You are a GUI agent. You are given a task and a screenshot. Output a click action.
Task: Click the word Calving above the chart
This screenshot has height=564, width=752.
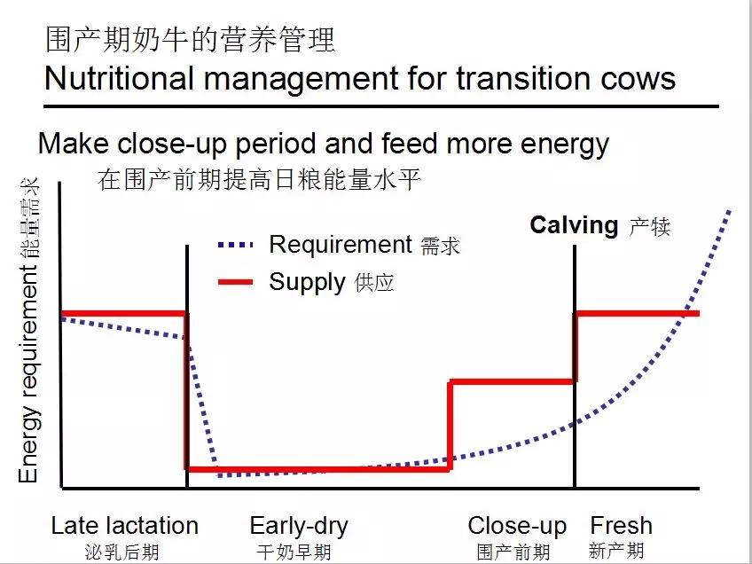[574, 225]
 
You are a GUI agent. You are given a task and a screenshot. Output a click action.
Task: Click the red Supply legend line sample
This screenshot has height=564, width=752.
[235, 283]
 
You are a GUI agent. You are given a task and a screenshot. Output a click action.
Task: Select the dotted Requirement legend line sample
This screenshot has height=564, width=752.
[235, 245]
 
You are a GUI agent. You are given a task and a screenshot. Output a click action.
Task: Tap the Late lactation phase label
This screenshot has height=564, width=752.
[125, 526]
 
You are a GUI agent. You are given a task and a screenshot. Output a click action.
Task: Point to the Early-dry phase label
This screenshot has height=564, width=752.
[299, 526]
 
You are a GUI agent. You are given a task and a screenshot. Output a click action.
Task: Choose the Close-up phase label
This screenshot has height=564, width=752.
[517, 526]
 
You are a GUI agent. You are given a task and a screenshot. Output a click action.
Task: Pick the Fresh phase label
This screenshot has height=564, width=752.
[621, 526]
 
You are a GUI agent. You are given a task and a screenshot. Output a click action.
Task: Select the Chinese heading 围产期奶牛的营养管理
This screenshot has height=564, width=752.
[190, 40]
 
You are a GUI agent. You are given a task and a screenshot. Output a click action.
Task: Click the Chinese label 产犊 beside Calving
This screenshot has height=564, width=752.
[650, 226]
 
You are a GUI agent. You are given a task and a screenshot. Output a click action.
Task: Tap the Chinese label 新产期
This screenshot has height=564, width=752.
[616, 551]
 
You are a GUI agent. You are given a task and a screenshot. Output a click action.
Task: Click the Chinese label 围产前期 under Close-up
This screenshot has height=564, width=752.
[513, 552]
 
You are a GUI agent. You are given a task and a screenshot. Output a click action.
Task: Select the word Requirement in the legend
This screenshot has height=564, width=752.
[341, 245]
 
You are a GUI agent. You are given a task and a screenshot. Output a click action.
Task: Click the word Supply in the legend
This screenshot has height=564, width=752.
[307, 283]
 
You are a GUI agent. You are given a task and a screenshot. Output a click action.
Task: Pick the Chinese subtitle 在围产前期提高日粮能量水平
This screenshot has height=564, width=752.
[259, 180]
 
